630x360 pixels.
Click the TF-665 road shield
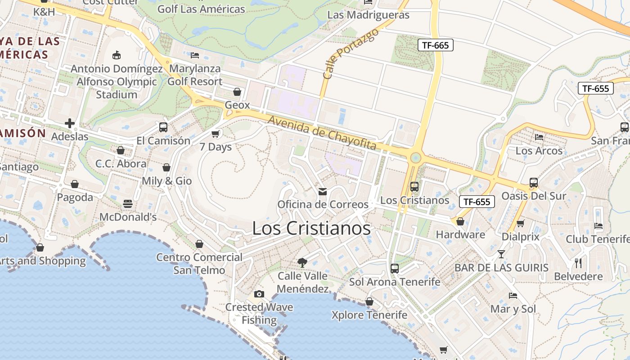coord(435,45)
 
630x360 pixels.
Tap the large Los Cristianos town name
coord(311,228)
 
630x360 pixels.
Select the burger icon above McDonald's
coord(128,204)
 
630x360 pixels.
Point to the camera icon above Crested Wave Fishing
coord(259,294)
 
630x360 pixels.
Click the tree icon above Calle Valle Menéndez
coord(302,262)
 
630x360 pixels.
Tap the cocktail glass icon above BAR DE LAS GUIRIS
coord(501,254)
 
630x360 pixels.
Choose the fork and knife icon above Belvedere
coord(579,263)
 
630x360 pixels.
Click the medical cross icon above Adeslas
coord(70,123)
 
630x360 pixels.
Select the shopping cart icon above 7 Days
coord(216,134)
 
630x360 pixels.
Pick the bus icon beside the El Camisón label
coord(163,127)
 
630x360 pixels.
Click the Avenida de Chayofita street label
coord(322,132)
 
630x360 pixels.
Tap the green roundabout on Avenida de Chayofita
coord(415,157)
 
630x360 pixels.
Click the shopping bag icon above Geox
coord(237,92)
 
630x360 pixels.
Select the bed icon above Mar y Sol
coord(513,296)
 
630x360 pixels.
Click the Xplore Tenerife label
coord(369,315)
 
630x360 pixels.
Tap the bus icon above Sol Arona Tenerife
coord(395,269)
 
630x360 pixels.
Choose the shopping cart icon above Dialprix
coord(521,223)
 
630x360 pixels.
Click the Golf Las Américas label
coord(201,9)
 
